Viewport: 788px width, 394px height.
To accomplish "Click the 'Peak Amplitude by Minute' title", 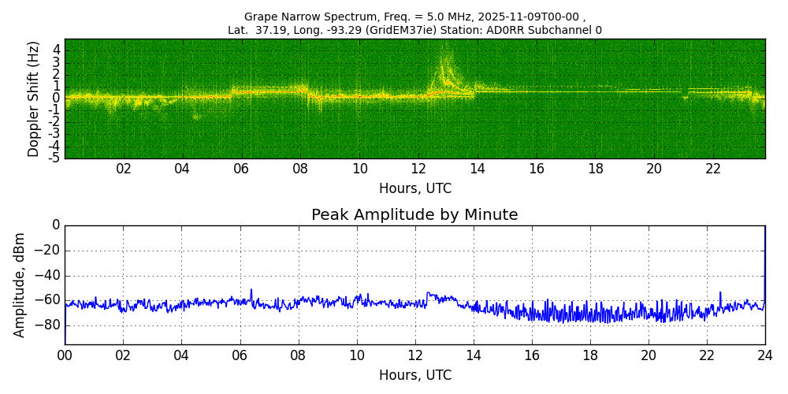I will point(414,215).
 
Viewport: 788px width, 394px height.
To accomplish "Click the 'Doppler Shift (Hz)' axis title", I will point(34,98).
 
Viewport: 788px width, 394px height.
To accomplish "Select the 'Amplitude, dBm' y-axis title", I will point(20,284).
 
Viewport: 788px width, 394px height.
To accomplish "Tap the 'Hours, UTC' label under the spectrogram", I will point(414,188).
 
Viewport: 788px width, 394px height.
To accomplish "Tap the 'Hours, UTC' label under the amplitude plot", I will point(414,375).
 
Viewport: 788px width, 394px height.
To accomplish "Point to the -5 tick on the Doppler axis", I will point(55,158).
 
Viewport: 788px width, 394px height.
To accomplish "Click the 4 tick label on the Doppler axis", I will point(57,50).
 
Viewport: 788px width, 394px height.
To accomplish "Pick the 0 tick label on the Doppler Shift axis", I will point(57,98).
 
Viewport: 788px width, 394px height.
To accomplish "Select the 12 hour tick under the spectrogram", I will point(418,169).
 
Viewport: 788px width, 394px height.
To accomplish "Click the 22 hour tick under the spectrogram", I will point(713,169).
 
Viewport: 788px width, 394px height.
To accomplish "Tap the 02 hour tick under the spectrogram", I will point(124,169).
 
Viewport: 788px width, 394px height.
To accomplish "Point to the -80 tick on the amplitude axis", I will point(48,325).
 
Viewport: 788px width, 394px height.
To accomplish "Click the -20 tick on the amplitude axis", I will point(48,251).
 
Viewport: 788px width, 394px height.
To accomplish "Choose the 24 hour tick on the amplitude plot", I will point(764,355).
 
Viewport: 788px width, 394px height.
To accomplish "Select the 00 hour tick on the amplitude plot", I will point(65,355).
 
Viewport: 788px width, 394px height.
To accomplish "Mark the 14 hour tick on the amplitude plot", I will point(473,355).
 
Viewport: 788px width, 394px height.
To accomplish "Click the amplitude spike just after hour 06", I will point(251,290).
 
